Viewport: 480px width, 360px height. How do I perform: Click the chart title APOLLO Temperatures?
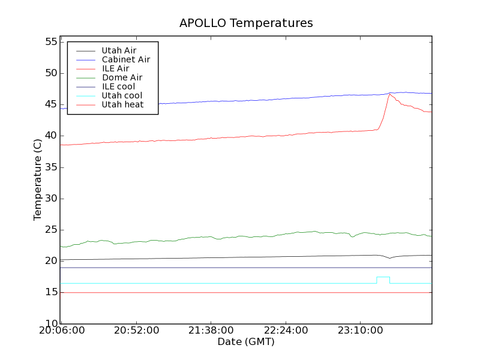[x=246, y=23]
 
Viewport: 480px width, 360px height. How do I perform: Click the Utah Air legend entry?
[x=119, y=50]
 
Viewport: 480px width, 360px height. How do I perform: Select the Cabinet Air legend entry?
[x=125, y=59]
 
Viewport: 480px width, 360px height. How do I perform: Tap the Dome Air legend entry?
[x=122, y=77]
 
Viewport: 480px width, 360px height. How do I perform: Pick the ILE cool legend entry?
[x=118, y=86]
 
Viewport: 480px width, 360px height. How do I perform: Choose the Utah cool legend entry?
[x=122, y=95]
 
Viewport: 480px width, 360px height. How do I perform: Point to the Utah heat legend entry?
[x=122, y=104]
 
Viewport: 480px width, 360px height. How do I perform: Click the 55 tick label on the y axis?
[x=50, y=42]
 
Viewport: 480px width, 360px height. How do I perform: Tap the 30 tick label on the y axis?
[x=50, y=199]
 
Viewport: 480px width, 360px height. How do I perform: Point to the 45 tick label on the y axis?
[x=50, y=104]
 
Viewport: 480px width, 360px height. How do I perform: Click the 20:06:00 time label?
[x=62, y=331]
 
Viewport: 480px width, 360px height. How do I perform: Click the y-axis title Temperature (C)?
[x=38, y=180]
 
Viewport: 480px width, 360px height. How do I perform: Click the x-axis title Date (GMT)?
[x=246, y=342]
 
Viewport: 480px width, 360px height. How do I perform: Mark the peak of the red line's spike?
[x=389, y=94]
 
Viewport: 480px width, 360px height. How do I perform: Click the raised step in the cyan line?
[x=383, y=277]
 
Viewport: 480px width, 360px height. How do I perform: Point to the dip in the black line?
[x=390, y=258]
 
